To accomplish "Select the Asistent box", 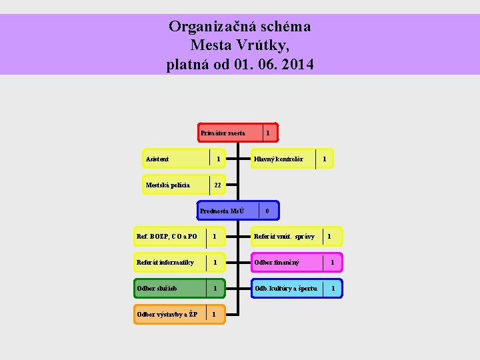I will coord(176,159).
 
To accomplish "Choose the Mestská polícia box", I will coord(175,185).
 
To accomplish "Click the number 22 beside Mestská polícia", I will coord(218,185).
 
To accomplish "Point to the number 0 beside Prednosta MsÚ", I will coord(267,211).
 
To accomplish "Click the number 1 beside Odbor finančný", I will coord(332,263).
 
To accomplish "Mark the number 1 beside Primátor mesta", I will coord(268,133).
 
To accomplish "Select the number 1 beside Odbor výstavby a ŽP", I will coord(213,314).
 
